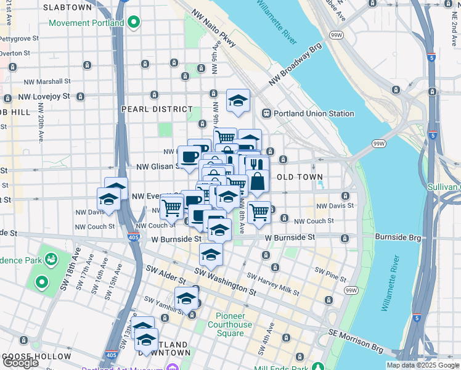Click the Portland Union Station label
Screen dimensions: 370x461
pyautogui.click(x=314, y=113)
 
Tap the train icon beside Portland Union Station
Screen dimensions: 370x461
pyautogui.click(x=267, y=113)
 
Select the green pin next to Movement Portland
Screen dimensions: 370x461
pyautogui.click(x=134, y=23)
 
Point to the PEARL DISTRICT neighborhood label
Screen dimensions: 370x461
pyautogui.click(x=157, y=109)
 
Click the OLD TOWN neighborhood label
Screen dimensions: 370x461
pyautogui.click(x=294, y=178)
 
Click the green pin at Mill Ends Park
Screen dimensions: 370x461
pyautogui.click(x=317, y=367)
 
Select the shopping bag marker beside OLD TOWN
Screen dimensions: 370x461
pyautogui.click(x=258, y=181)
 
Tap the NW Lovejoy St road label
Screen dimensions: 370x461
pyautogui.click(x=44, y=97)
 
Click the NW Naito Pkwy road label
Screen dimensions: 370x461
pyautogui.click(x=214, y=28)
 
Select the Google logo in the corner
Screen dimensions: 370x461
pyautogui.click(x=20, y=363)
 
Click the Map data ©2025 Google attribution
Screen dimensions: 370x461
pyautogui.click(x=423, y=365)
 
